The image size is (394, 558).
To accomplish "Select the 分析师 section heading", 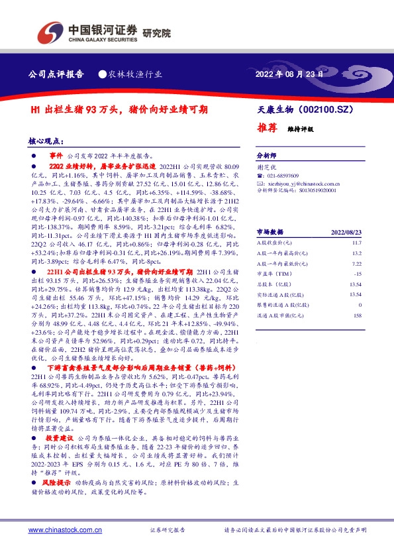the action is coord(268,152).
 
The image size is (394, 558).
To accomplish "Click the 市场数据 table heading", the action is coord(270,232).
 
